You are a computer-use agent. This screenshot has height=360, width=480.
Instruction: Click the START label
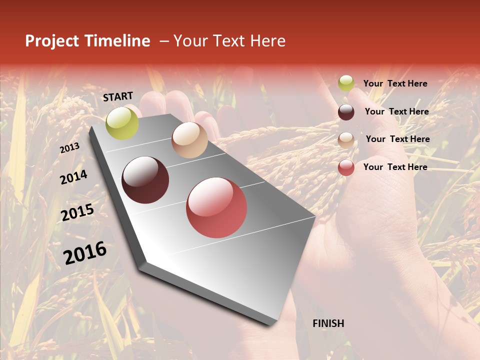click(x=118, y=96)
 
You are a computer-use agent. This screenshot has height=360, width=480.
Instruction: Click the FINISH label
click(x=328, y=323)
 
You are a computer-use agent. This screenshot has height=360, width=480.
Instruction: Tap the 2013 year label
click(x=70, y=148)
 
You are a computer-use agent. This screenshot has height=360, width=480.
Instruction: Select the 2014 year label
click(x=74, y=177)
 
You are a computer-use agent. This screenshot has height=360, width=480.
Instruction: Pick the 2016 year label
click(x=85, y=252)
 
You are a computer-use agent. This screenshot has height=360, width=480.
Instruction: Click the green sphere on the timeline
click(x=122, y=123)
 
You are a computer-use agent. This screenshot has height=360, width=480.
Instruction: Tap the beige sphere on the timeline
click(x=189, y=140)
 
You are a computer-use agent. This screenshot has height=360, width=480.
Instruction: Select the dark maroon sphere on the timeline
click(x=145, y=180)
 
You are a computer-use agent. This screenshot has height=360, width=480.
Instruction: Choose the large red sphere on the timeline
click(x=216, y=207)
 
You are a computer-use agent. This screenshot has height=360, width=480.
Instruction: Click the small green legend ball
click(x=346, y=83)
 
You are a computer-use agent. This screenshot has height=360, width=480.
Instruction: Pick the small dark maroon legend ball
click(x=346, y=112)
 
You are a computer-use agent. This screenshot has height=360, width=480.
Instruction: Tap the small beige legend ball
click(x=346, y=140)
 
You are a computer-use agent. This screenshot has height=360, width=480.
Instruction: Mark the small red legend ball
click(x=346, y=167)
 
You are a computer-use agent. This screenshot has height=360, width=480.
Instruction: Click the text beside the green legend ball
click(x=395, y=83)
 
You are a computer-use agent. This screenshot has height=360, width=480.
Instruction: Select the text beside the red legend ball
click(x=395, y=167)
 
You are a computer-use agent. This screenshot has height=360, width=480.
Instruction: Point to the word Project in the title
click(x=52, y=41)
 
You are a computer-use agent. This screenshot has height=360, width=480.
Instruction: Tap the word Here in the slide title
click(x=268, y=41)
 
